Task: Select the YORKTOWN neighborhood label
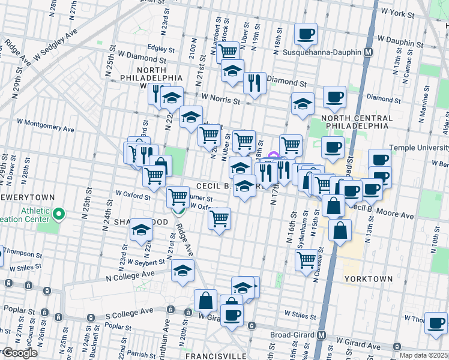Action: pos(369,279)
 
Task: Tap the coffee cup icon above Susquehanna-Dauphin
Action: pos(306,34)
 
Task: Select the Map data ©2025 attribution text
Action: pos(423,355)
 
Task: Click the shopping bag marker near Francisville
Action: pos(205,299)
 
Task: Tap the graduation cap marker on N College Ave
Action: pos(182,269)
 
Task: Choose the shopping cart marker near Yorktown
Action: pos(306,259)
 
